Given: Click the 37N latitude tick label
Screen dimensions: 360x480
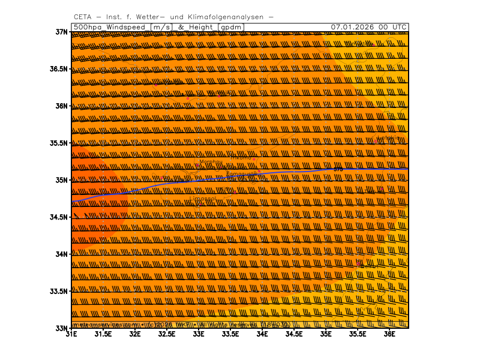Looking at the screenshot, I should [x=60, y=32].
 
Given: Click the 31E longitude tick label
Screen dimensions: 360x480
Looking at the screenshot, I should [x=71, y=334].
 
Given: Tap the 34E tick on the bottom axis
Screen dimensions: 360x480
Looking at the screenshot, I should [x=262, y=334].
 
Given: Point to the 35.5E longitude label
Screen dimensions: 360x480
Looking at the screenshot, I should [x=358, y=334].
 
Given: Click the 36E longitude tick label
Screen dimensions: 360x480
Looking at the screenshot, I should [x=389, y=334].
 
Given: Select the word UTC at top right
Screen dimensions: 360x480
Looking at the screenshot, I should [x=398, y=27].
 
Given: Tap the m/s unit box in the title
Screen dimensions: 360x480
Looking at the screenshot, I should [x=161, y=27].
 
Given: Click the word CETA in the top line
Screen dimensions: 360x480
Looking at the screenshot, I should [x=83, y=17].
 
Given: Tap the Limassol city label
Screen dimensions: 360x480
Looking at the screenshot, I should [x=203, y=199].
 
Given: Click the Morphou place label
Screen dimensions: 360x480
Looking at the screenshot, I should [x=210, y=163].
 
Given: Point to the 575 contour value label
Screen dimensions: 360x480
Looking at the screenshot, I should [x=338, y=169].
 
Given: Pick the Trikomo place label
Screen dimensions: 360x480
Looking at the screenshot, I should [x=241, y=158].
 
